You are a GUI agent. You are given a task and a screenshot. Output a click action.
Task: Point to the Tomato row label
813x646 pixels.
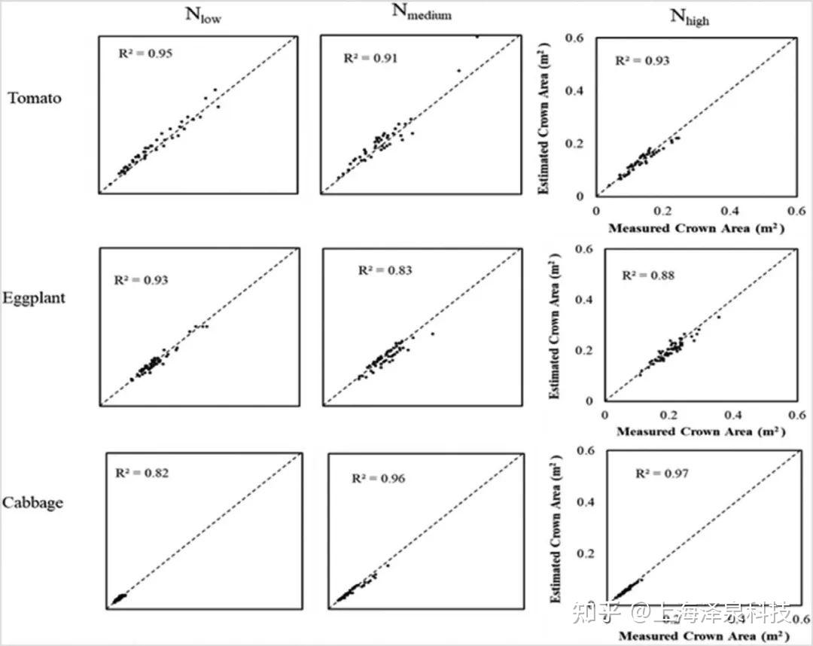point(35,98)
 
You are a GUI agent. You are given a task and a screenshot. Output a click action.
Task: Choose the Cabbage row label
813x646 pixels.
point(32,503)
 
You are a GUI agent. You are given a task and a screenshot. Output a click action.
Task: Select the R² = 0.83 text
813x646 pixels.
point(385,270)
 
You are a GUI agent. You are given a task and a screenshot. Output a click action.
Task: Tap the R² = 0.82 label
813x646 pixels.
point(142,473)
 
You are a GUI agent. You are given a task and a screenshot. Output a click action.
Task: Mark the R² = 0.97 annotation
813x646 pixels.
point(662,474)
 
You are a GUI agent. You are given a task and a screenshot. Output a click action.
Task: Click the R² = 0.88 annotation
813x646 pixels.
point(648,276)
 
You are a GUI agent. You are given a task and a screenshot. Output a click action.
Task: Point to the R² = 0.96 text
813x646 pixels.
point(378,479)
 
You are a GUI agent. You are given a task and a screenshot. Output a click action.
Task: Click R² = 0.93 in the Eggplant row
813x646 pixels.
point(142,280)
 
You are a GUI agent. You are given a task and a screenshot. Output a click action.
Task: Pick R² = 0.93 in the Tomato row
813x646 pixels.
point(642,61)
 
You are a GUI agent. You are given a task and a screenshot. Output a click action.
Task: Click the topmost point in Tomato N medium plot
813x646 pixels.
point(477,36)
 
